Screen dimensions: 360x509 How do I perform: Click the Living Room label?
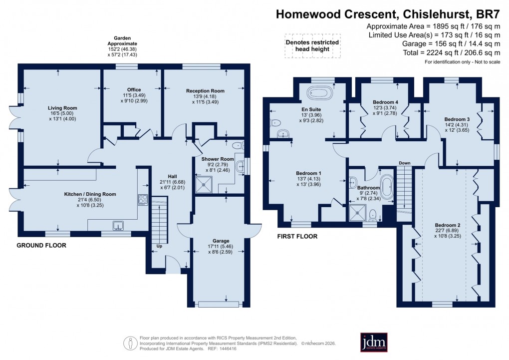pyautogui.click(x=62, y=108)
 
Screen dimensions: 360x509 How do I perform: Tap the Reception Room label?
pyautogui.click(x=205, y=91)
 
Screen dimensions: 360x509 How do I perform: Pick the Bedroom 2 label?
pyautogui.click(x=448, y=225)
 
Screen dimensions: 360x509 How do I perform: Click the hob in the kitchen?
pyautogui.click(x=142, y=200)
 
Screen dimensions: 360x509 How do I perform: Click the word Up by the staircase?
pyautogui.click(x=160, y=247)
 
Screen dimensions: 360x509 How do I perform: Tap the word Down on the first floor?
pyautogui.click(x=404, y=163)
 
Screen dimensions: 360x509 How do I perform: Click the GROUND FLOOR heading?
pyautogui.click(x=41, y=246)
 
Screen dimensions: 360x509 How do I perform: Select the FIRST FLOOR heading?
pyautogui.click(x=297, y=237)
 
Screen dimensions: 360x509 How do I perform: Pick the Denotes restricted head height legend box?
pyautogui.click(x=312, y=46)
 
